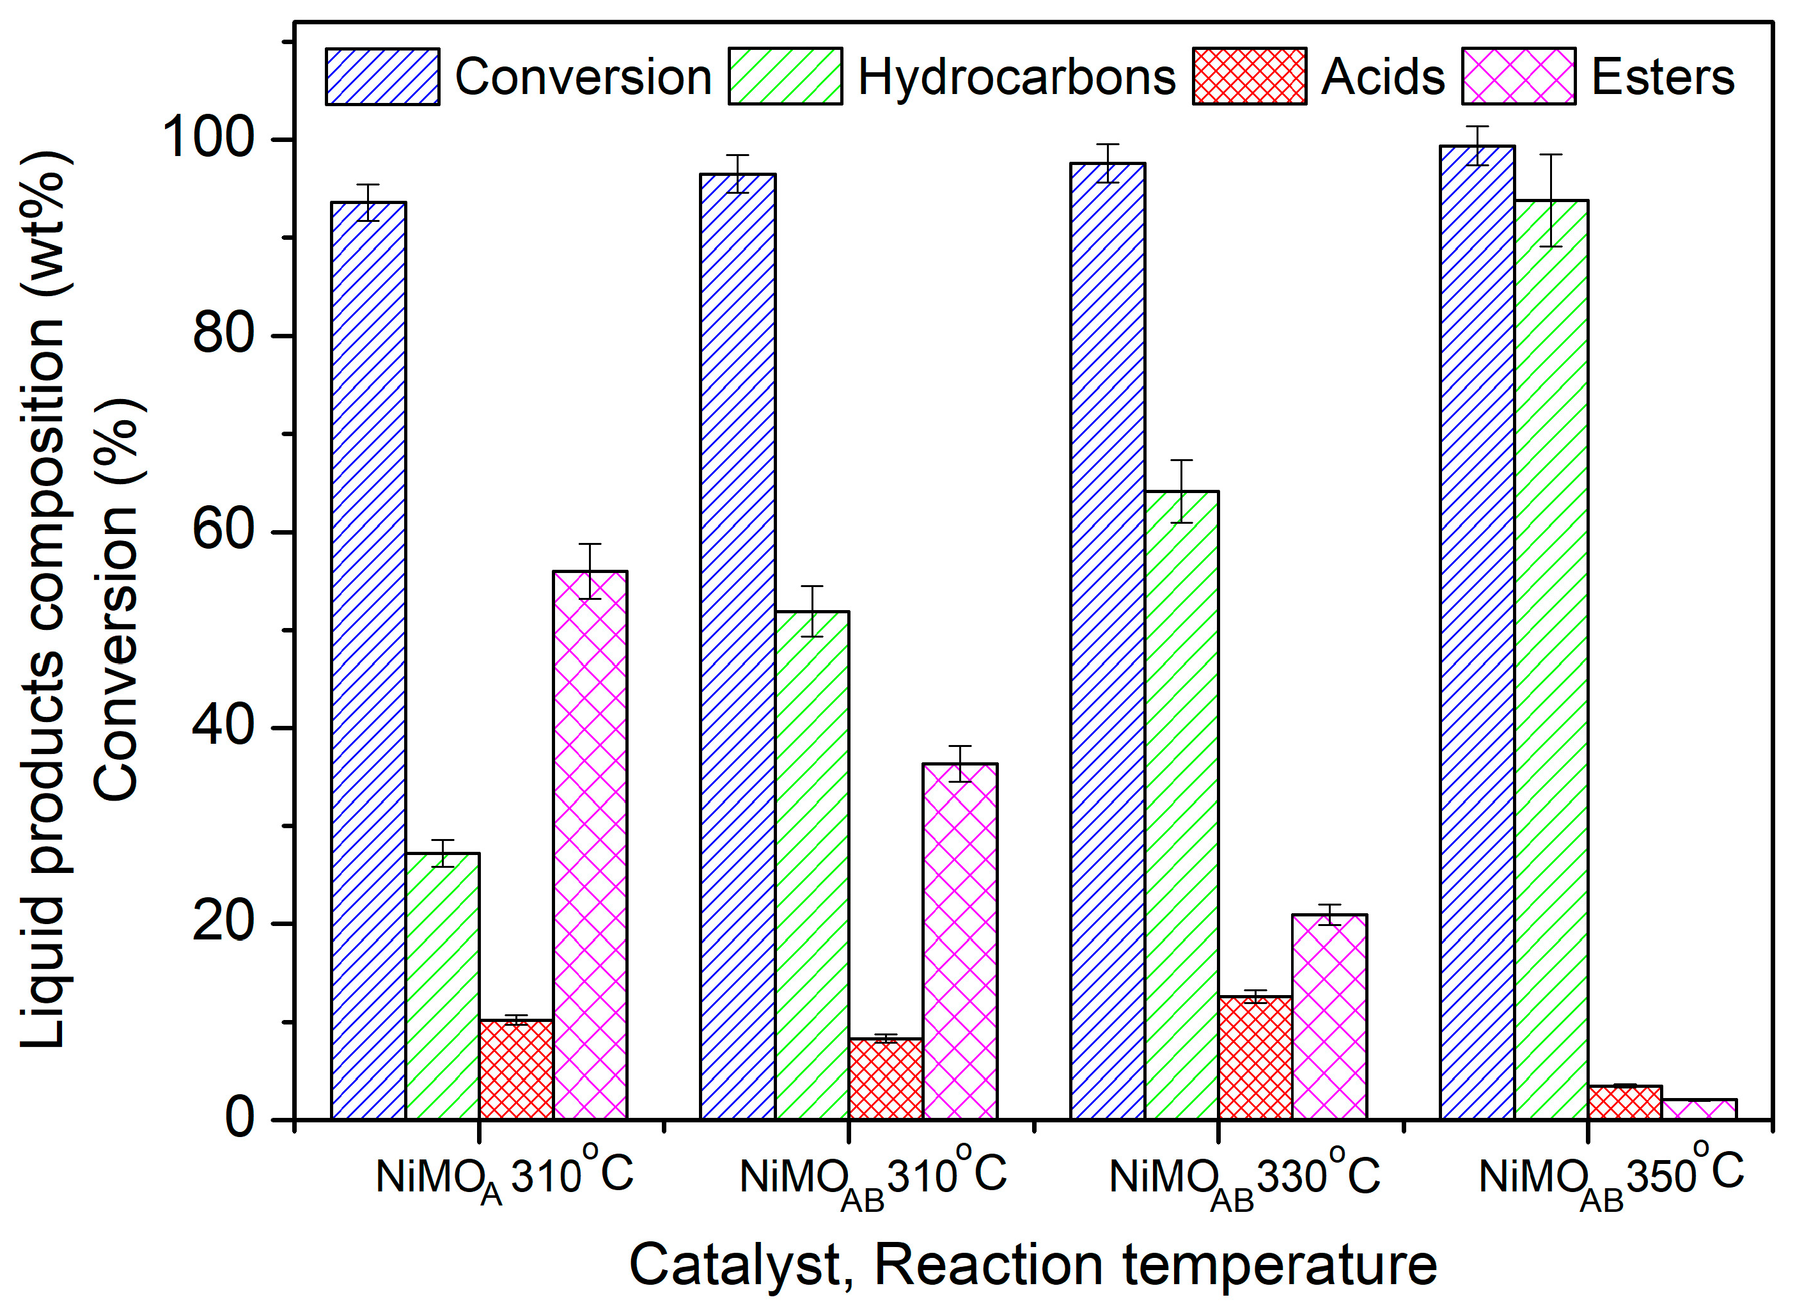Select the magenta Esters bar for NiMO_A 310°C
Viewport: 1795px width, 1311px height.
(590, 845)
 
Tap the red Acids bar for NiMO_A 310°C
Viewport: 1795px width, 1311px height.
(517, 1070)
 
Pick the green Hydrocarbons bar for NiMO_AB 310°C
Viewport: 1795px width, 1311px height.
(811, 865)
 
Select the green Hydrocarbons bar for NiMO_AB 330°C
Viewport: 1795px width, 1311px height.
(1182, 806)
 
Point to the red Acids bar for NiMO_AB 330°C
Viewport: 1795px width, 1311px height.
(1255, 1058)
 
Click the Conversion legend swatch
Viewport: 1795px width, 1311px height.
(382, 77)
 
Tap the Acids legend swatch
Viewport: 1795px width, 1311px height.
(1249, 77)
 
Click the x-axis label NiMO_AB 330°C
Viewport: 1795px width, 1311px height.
(1244, 1179)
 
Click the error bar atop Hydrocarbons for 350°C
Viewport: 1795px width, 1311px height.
(1551, 200)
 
